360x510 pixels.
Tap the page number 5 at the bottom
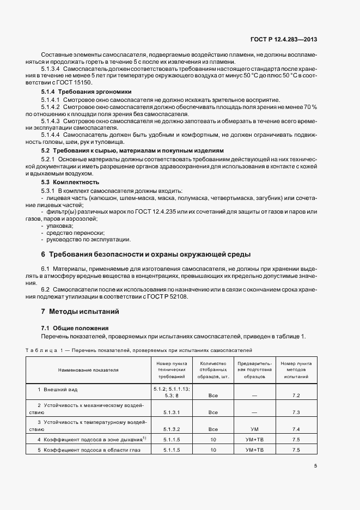316,465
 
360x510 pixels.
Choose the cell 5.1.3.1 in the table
172,412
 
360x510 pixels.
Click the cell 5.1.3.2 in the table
172,429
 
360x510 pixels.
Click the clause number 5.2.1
50,158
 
